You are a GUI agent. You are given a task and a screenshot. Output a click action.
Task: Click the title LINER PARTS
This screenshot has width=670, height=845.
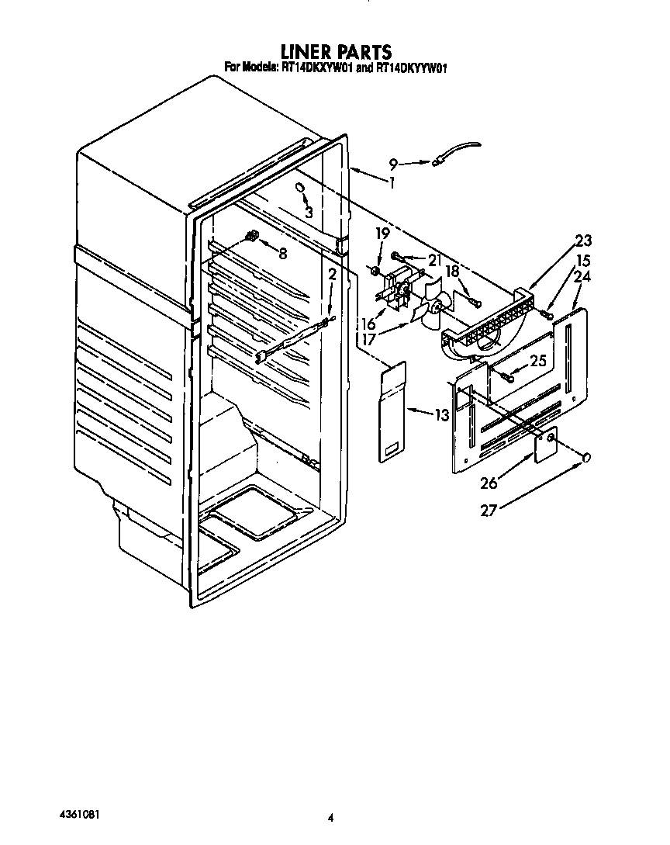pyautogui.click(x=334, y=52)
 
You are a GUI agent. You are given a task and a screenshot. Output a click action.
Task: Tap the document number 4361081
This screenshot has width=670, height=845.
pyautogui.click(x=80, y=816)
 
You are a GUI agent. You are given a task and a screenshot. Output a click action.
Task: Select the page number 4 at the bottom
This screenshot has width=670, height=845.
pyautogui.click(x=331, y=817)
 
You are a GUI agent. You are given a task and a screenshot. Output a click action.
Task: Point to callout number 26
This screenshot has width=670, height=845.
pyautogui.click(x=489, y=483)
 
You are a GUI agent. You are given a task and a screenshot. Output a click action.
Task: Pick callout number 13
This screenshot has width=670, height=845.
pyautogui.click(x=441, y=415)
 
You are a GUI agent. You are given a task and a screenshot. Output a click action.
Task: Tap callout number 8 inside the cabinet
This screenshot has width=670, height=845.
pyautogui.click(x=282, y=253)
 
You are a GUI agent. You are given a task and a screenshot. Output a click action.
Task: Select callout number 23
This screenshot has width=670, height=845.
pyautogui.click(x=582, y=240)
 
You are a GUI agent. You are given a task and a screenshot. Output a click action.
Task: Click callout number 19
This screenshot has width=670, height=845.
pyautogui.click(x=382, y=232)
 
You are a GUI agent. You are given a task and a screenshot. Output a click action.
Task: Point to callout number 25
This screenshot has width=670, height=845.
pyautogui.click(x=538, y=360)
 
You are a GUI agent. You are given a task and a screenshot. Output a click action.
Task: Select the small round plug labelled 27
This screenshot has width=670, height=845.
pyautogui.click(x=587, y=457)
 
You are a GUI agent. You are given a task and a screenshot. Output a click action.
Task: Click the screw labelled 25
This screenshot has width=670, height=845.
pyautogui.click(x=508, y=376)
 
